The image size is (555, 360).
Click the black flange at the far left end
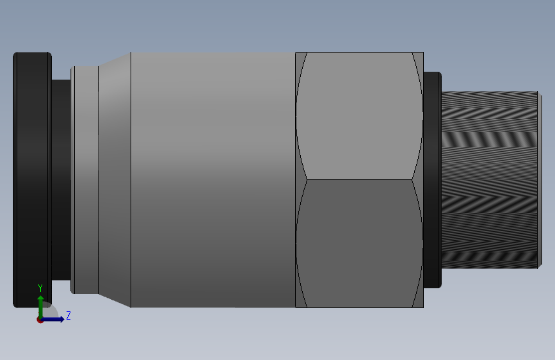pos(32,180)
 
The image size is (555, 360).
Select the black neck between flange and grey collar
pos(61,180)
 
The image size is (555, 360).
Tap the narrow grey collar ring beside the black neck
pos(84,180)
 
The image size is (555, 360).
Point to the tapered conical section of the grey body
pos(115,180)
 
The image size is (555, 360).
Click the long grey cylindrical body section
pos(213,180)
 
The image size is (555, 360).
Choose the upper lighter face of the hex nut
pos(359,116)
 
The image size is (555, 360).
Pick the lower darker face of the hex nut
pos(359,244)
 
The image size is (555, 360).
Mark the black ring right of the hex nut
pos(433,180)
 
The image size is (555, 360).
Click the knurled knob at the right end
pos(492,180)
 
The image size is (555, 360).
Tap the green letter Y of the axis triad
pos(40,288)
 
